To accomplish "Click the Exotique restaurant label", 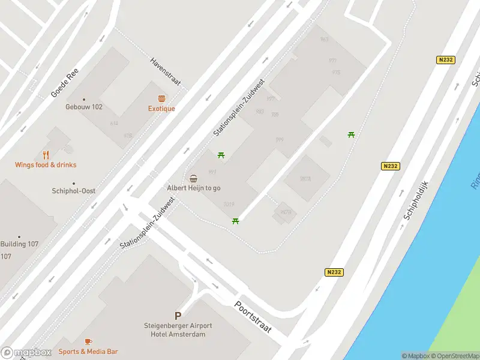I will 161,109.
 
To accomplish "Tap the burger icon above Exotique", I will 161,98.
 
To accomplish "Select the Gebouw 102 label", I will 84,107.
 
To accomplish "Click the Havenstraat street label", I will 166,73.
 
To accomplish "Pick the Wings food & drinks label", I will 46,165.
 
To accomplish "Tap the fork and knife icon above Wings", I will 46,155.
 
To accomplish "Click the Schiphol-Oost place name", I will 73,191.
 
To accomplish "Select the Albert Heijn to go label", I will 193,188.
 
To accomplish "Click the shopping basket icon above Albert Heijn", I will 193,178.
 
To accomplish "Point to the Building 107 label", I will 19,244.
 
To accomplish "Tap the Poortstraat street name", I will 253,317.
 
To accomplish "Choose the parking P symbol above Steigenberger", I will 178,316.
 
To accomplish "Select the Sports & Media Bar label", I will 88,352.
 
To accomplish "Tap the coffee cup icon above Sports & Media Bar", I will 88,341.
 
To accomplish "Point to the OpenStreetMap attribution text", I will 452,356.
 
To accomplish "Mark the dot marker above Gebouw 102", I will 84,100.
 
